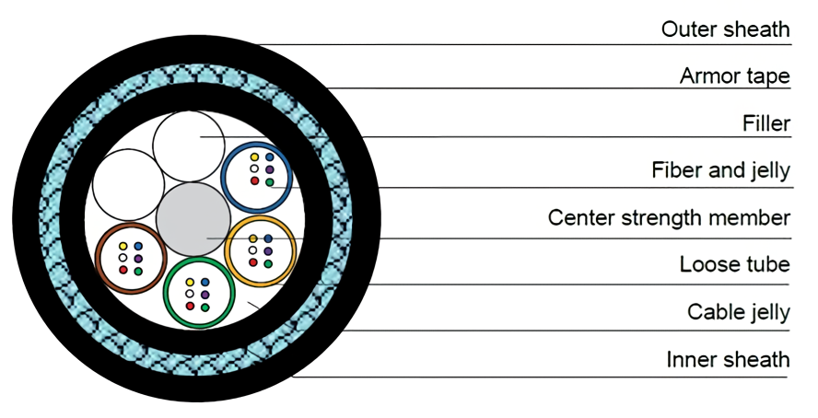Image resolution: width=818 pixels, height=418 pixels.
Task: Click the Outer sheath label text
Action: [x=725, y=29]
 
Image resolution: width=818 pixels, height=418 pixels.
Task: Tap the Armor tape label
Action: [x=734, y=76]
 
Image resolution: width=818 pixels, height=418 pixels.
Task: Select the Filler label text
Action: [x=765, y=123]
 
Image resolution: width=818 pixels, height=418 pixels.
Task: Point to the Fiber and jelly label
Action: [x=720, y=171]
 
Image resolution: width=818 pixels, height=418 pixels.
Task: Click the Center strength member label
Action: [x=669, y=218]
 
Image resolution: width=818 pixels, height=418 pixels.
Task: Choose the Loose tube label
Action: [x=734, y=265]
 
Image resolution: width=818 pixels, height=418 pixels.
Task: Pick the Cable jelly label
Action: [x=738, y=312]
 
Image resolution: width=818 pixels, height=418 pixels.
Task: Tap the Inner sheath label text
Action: [x=728, y=359]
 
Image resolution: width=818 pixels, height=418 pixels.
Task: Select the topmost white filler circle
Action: [x=190, y=144]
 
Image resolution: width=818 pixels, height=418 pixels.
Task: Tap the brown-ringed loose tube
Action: [x=130, y=258]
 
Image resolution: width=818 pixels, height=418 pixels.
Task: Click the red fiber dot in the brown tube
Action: [x=123, y=271]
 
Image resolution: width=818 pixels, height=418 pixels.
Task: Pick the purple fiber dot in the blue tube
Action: [x=269, y=170]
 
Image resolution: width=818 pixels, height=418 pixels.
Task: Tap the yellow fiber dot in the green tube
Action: [x=191, y=282]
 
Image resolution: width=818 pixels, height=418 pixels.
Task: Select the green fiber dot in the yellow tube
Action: [x=268, y=263]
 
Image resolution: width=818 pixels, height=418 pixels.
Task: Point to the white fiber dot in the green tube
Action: [x=191, y=294]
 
